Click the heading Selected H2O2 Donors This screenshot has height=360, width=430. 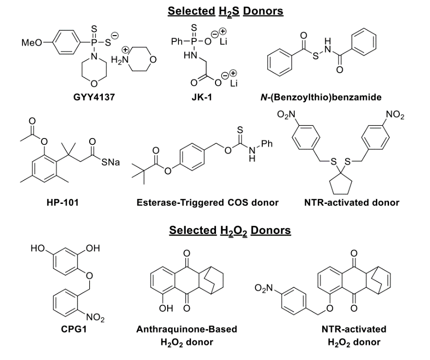pos(230,230)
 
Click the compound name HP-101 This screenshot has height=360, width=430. pos(62,202)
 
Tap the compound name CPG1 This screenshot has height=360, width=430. pos(71,329)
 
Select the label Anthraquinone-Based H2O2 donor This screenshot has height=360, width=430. pos(187,335)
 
